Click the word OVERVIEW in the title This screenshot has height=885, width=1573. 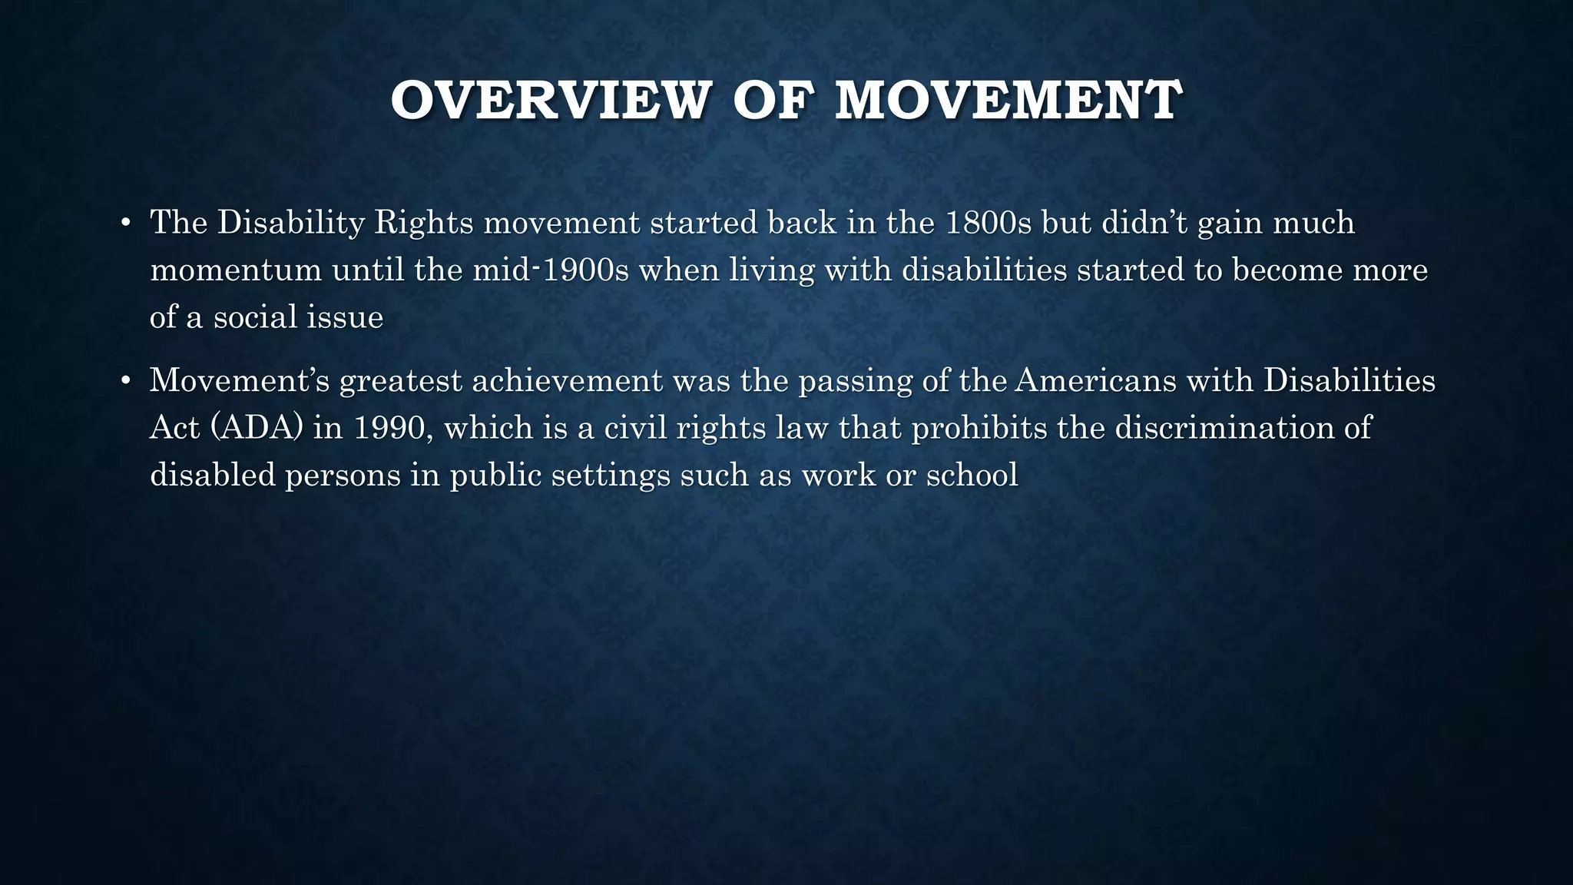coord(548,101)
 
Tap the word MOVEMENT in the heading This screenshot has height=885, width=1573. coord(1008,101)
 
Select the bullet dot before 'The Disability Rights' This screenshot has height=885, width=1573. coord(127,224)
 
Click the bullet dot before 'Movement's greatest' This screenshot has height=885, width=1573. coord(127,382)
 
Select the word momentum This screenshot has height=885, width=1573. coord(236,270)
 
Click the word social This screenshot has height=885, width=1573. coord(255,317)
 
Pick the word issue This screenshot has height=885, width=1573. coord(345,317)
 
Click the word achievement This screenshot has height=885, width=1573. coord(567,381)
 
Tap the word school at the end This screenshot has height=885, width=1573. coord(972,475)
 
